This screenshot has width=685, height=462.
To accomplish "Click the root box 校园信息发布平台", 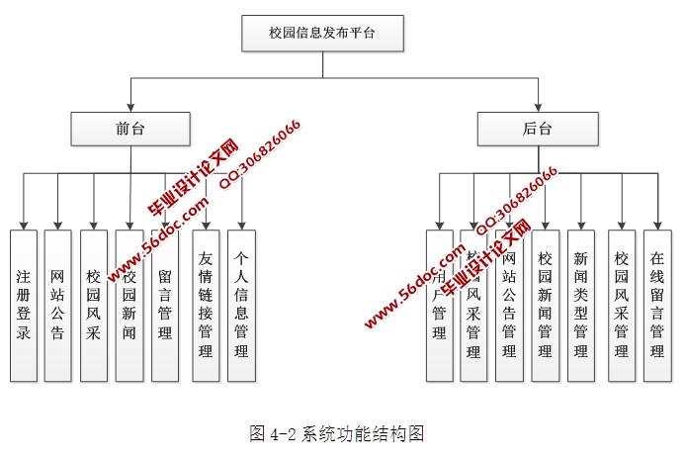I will point(323,34).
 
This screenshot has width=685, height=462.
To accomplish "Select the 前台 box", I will point(129,129).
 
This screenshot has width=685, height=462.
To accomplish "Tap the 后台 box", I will point(538,129).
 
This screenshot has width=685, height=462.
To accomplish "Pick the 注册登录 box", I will point(23,306).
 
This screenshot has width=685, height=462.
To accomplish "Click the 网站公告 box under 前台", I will point(58,306).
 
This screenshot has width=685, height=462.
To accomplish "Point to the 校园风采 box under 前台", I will point(94,306).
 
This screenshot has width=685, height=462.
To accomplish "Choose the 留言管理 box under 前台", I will point(165,306).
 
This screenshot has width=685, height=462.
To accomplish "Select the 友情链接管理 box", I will point(206,306).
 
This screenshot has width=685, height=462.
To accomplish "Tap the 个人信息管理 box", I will point(242,306).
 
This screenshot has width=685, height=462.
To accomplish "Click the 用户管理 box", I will point(439,306).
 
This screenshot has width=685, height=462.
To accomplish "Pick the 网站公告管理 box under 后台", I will point(509,306).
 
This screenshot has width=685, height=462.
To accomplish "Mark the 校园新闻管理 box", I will point(545,306).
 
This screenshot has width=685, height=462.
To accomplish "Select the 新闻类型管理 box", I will point(580,306).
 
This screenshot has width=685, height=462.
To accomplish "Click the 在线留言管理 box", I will point(657,306).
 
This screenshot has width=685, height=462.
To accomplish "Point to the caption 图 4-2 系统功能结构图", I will point(337,433).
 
